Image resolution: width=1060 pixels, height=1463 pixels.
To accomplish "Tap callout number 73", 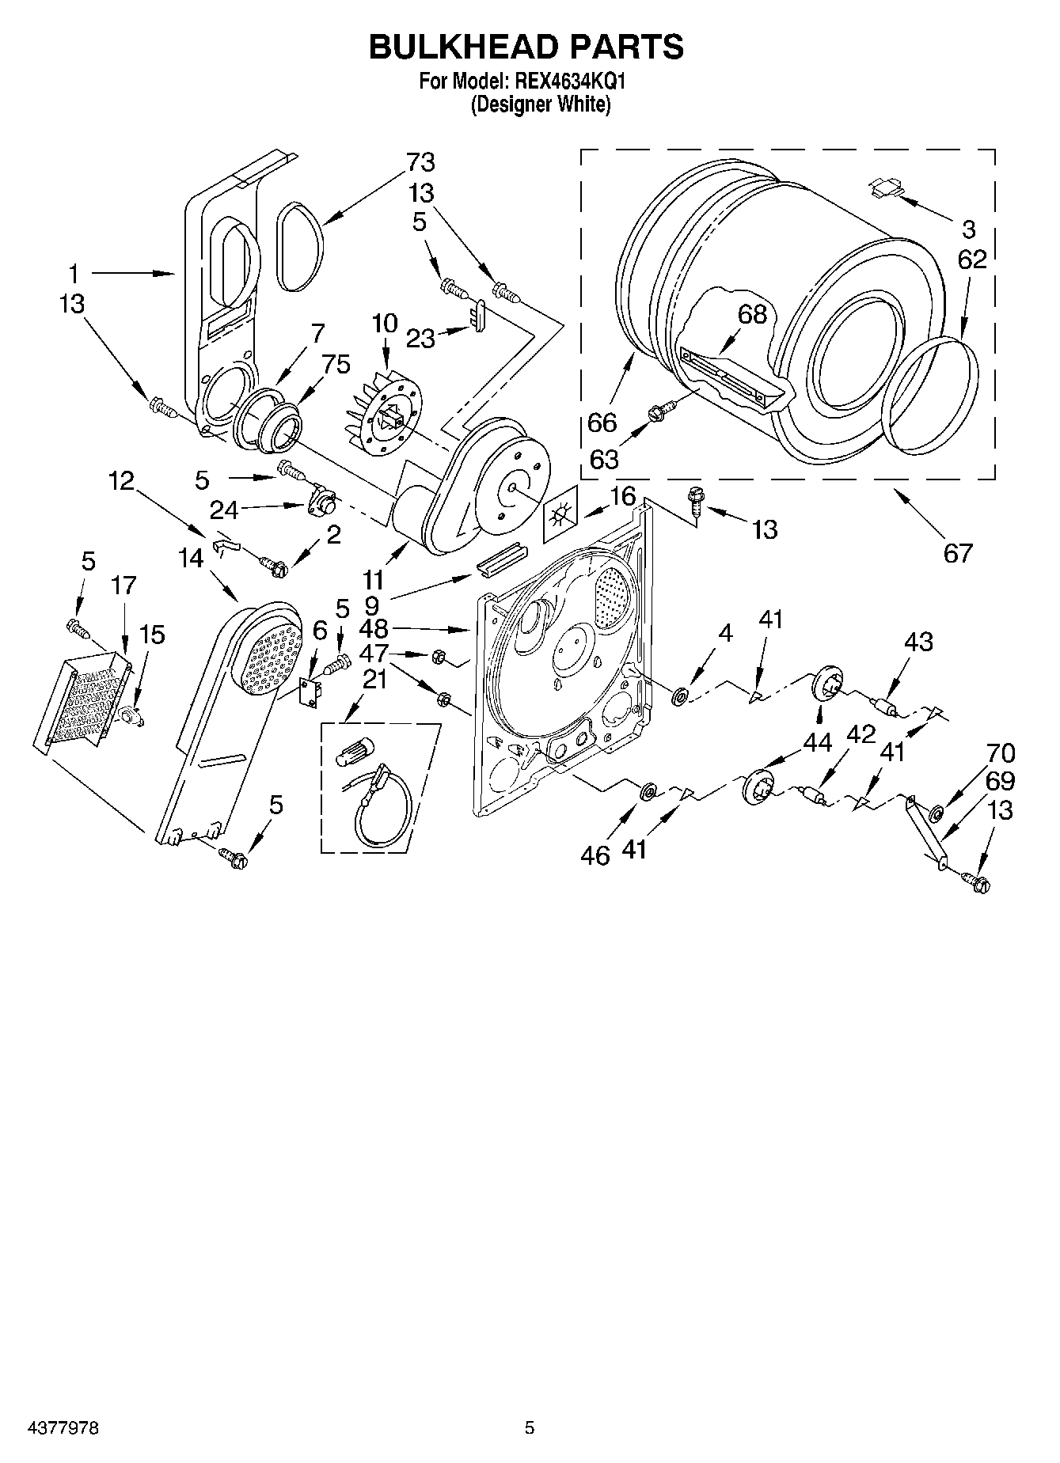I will coord(420,162).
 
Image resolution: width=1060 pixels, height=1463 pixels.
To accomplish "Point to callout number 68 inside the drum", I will coord(752,314).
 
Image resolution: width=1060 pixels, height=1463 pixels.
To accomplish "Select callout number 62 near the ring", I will coord(972,260).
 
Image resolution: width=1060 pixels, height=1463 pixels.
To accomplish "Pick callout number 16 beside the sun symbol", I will coord(623,496).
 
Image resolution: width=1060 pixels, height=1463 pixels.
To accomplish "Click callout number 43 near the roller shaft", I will coord(918,642).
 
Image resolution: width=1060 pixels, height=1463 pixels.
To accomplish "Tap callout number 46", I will coord(595,855).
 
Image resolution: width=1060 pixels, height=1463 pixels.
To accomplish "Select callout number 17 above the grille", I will coord(123,586).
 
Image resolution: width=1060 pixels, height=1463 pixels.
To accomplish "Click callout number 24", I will coord(223,508).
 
